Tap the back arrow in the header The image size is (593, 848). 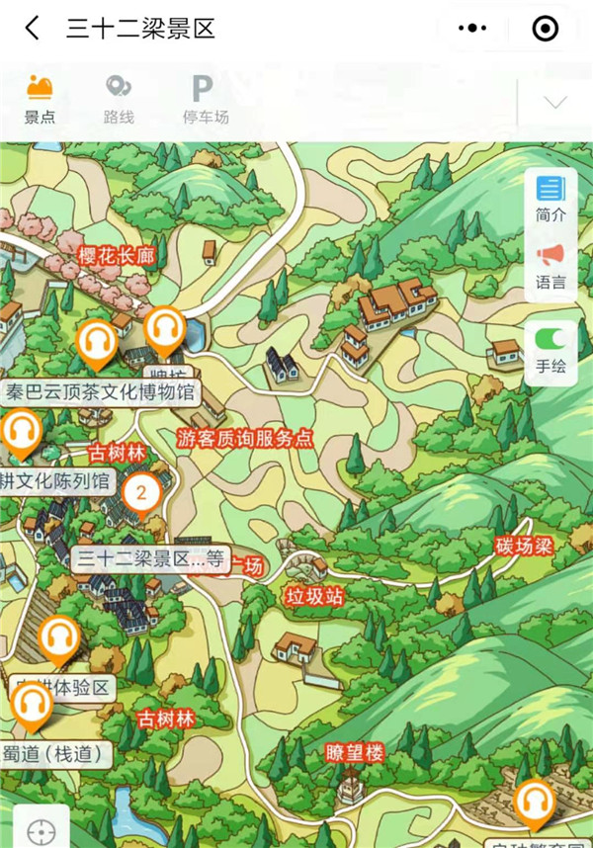pyautogui.click(x=33, y=29)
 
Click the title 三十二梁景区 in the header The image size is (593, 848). pyautogui.click(x=140, y=29)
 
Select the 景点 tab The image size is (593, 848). pyautogui.click(x=40, y=100)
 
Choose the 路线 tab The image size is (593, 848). pyautogui.click(x=119, y=100)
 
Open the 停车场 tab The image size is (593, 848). pyautogui.click(x=205, y=100)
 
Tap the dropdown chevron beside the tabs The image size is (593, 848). pyautogui.click(x=555, y=103)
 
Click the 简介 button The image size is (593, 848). pyautogui.click(x=551, y=199)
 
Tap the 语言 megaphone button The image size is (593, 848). pyautogui.click(x=551, y=267)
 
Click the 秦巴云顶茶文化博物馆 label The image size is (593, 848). pyautogui.click(x=101, y=392)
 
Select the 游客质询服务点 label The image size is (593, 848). pyautogui.click(x=245, y=439)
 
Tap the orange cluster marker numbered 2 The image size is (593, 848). pyautogui.click(x=141, y=491)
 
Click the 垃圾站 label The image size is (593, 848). pyautogui.click(x=314, y=596)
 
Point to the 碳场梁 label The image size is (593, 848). pyautogui.click(x=523, y=546)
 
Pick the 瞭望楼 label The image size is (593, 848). pyautogui.click(x=354, y=753)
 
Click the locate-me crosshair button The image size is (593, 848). pyautogui.click(x=41, y=830)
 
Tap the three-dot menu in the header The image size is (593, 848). pyautogui.click(x=473, y=29)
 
